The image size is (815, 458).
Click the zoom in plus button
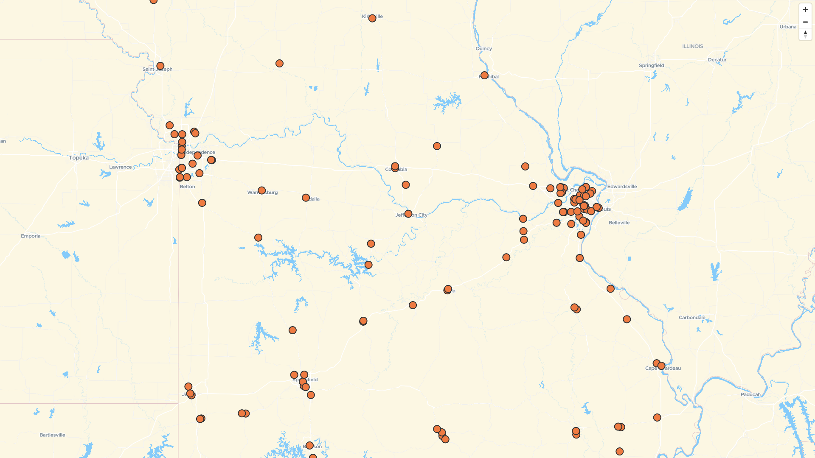(805, 10)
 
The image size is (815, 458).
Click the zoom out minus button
(805, 22)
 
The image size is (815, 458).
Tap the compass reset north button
(805, 34)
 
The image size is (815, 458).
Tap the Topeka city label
(79, 158)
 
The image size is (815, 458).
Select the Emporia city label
(31, 236)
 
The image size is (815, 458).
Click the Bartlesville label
(52, 435)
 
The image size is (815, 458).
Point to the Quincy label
(483, 49)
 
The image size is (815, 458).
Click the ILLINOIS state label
(692, 46)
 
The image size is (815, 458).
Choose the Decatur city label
(717, 60)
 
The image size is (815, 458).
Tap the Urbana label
(787, 27)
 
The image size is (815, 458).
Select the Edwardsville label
(622, 187)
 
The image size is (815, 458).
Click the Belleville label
(619, 223)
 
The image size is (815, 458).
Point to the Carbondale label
(691, 318)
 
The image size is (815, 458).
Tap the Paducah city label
(750, 394)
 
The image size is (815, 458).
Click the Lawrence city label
(120, 167)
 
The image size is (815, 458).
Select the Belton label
(187, 187)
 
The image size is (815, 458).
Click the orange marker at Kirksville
(372, 18)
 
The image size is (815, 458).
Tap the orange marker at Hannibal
(484, 75)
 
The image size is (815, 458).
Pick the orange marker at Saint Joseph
(160, 66)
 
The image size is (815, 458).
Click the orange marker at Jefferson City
(408, 214)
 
